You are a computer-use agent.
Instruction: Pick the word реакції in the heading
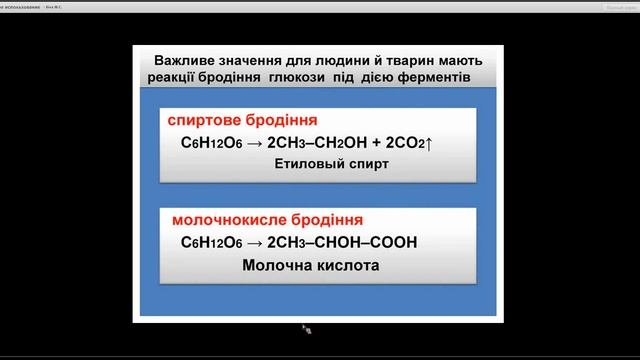coord(180,78)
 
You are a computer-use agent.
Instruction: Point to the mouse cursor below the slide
coord(307,328)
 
